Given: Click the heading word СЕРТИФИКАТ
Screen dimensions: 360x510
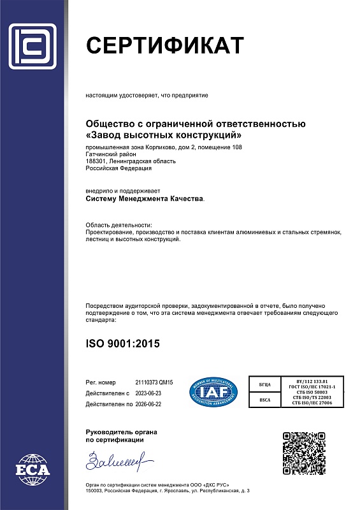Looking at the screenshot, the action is click(x=164, y=46).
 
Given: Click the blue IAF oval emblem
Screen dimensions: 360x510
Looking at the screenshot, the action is click(x=213, y=391).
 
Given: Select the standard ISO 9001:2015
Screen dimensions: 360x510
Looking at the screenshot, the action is click(x=122, y=344).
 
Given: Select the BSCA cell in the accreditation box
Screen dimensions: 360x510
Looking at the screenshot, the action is click(x=266, y=400).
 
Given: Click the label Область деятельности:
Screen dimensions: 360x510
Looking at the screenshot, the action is click(x=119, y=226).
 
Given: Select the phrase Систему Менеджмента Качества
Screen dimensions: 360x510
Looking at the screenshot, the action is click(x=145, y=199).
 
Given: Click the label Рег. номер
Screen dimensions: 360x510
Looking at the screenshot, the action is click(x=102, y=381).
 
